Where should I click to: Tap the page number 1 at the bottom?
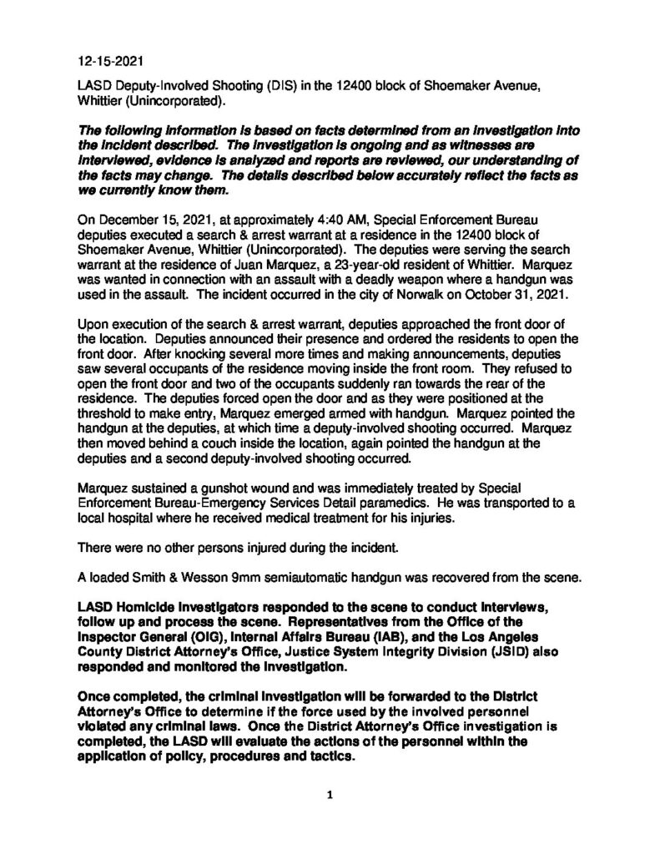point(330,796)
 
